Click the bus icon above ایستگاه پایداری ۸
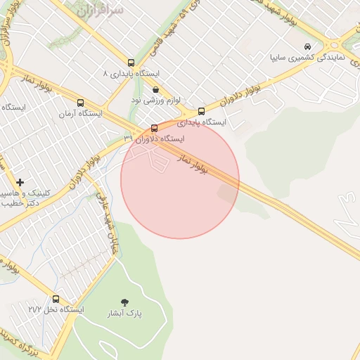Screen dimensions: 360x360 [x=131, y=63]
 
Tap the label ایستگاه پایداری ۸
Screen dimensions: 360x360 [x=131, y=73]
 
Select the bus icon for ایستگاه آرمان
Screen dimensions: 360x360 [x=80, y=103]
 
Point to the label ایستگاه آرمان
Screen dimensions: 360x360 [x=80, y=113]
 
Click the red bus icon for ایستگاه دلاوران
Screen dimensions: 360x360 [x=155, y=128]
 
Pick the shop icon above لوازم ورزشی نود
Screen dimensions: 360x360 [x=155, y=89]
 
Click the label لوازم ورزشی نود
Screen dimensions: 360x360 [x=155, y=100]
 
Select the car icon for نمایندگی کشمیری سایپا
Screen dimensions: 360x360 [x=307, y=46]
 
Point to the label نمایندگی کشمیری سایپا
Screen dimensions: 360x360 [x=307, y=56]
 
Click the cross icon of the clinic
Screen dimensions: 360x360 [x=20, y=182]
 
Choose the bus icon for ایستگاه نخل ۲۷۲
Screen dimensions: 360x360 [x=56, y=299]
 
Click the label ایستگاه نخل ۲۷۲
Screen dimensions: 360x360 [x=56, y=309]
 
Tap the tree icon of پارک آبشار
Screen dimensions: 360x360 [x=125, y=302]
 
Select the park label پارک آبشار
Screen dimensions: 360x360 [x=125, y=313]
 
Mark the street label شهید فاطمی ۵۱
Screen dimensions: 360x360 [x=188, y=20]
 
